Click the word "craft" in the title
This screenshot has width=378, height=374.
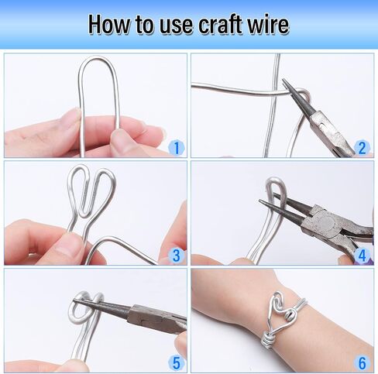coord(220,25)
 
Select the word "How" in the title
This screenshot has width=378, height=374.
coord(109,25)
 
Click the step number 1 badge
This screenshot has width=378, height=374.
coord(177,148)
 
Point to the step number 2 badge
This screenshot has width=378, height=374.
coord(363,148)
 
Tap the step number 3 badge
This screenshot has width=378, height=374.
coord(177,256)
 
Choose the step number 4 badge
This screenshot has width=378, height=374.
coord(363,256)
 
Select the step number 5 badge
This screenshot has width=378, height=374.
coord(177,363)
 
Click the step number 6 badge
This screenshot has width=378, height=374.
coord(363,363)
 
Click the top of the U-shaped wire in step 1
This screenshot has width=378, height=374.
coord(98,58)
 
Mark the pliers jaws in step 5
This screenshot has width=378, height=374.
coord(102,306)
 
